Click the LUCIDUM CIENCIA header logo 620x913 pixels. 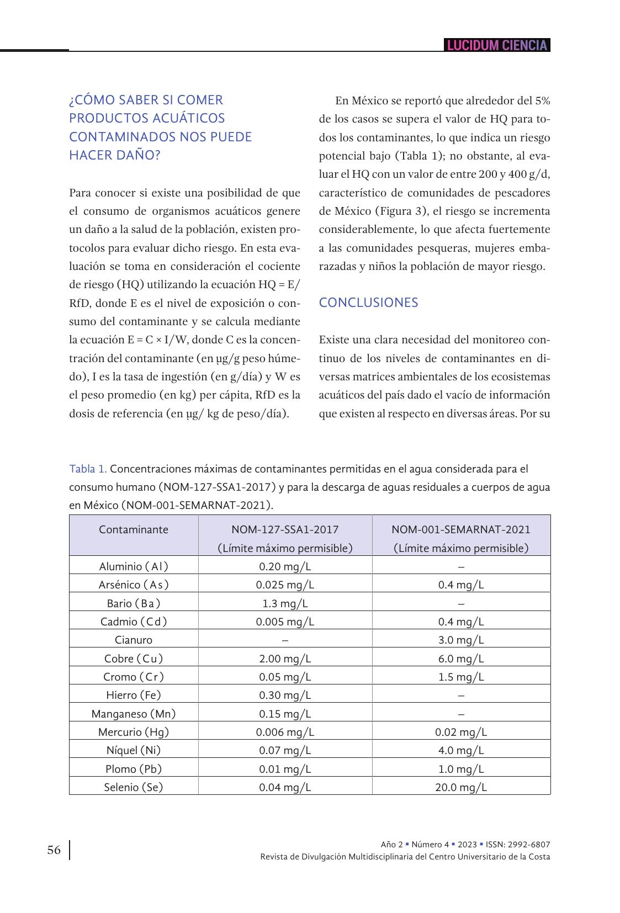[x=497, y=45]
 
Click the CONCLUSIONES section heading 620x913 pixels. [x=368, y=302]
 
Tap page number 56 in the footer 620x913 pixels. [x=54, y=850]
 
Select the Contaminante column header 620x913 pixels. [x=134, y=530]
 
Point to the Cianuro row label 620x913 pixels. [x=134, y=640]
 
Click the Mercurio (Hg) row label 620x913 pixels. [x=134, y=732]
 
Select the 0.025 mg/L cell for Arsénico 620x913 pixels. [x=285, y=585]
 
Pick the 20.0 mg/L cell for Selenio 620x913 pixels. [x=461, y=787]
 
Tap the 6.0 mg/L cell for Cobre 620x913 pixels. [x=461, y=659]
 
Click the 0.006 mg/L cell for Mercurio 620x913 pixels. [x=285, y=732]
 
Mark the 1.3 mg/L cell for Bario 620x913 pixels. [x=285, y=603]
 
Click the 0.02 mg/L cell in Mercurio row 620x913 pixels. [x=461, y=732]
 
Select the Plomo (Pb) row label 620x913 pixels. [x=134, y=769]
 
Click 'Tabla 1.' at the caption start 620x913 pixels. [x=88, y=469]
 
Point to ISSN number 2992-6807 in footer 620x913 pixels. [x=530, y=845]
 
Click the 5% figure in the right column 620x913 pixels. [x=542, y=100]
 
